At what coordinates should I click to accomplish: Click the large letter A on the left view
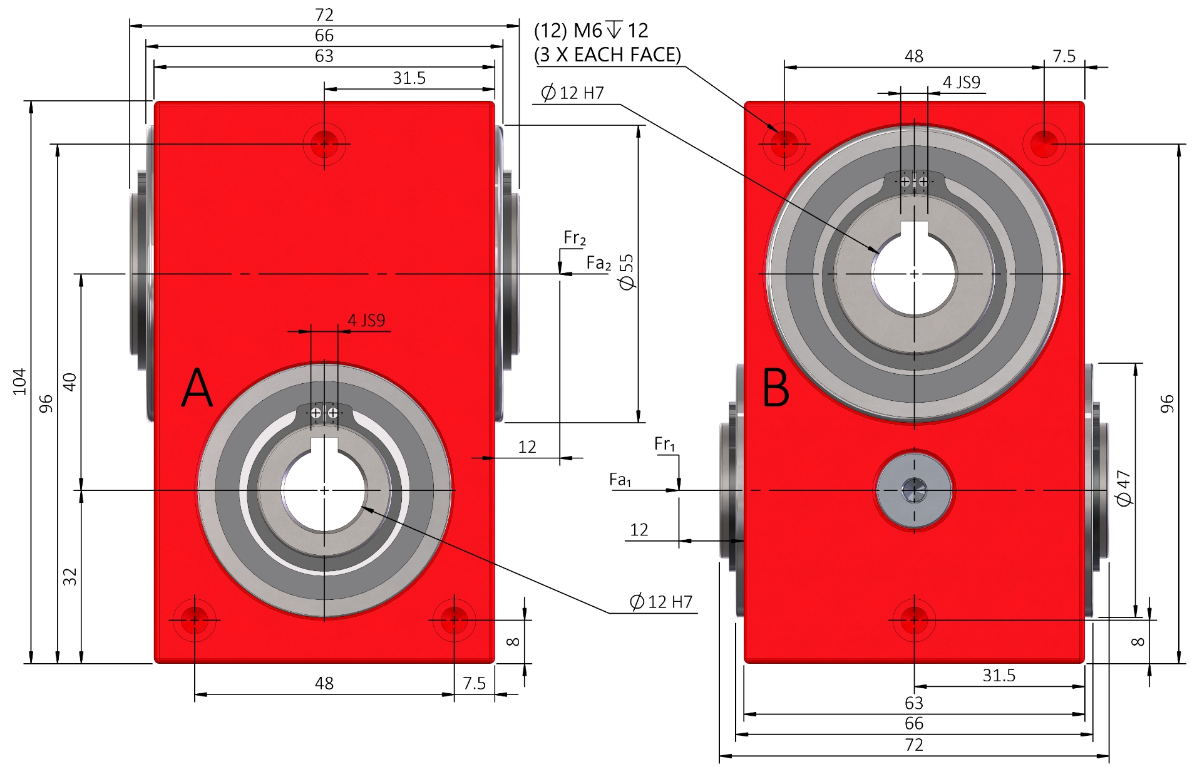click(x=197, y=388)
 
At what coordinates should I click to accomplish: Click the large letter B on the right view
click(x=776, y=388)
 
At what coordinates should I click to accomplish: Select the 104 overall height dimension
click(x=20, y=381)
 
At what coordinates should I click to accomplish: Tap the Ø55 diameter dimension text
click(x=627, y=272)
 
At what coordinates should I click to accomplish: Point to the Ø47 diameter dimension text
click(x=1124, y=488)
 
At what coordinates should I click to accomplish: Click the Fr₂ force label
click(x=574, y=238)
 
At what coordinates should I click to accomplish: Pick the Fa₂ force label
click(x=598, y=263)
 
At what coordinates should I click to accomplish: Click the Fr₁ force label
click(x=665, y=445)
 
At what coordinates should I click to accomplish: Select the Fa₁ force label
click(x=620, y=480)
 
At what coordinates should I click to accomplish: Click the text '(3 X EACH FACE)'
click(x=607, y=55)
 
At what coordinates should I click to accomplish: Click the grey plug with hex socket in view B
click(x=914, y=490)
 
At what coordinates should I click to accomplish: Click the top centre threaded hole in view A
click(x=324, y=144)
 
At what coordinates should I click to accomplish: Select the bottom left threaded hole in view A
click(x=195, y=620)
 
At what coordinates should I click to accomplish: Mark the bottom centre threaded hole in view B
click(x=914, y=620)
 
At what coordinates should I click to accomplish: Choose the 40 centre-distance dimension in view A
click(x=70, y=381)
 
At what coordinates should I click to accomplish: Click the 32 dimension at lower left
click(x=70, y=576)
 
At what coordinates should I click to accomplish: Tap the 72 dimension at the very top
click(x=324, y=14)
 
